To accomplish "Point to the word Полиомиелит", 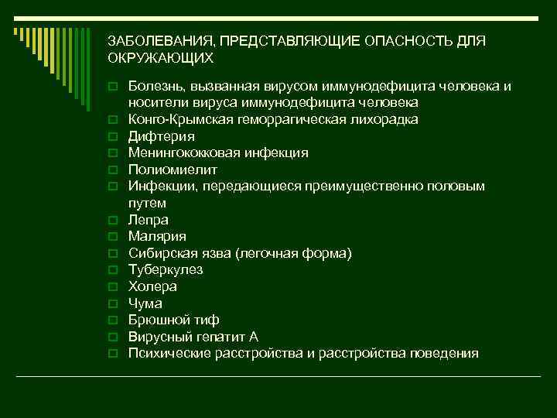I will pyautogui.click(x=173, y=170).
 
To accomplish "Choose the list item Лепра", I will pyautogui.click(x=149, y=220).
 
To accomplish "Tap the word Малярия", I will pyautogui.click(x=157, y=237).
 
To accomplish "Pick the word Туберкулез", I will pyautogui.click(x=166, y=270).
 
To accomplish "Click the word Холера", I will pyautogui.click(x=152, y=286).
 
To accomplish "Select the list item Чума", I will pyautogui.click(x=145, y=303).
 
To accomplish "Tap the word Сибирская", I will pyautogui.click(x=162, y=253).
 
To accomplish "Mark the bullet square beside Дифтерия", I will pyautogui.click(x=113, y=137).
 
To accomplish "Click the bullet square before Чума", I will pyautogui.click(x=113, y=304).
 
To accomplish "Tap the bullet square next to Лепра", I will pyautogui.click(x=113, y=221).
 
